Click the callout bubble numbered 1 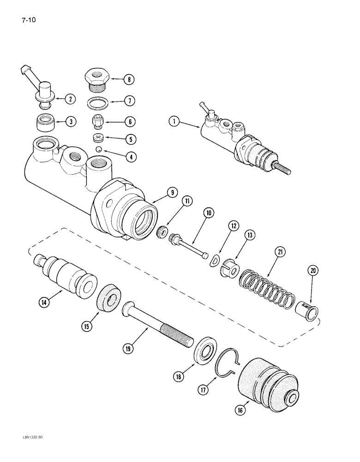pos(174,122)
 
